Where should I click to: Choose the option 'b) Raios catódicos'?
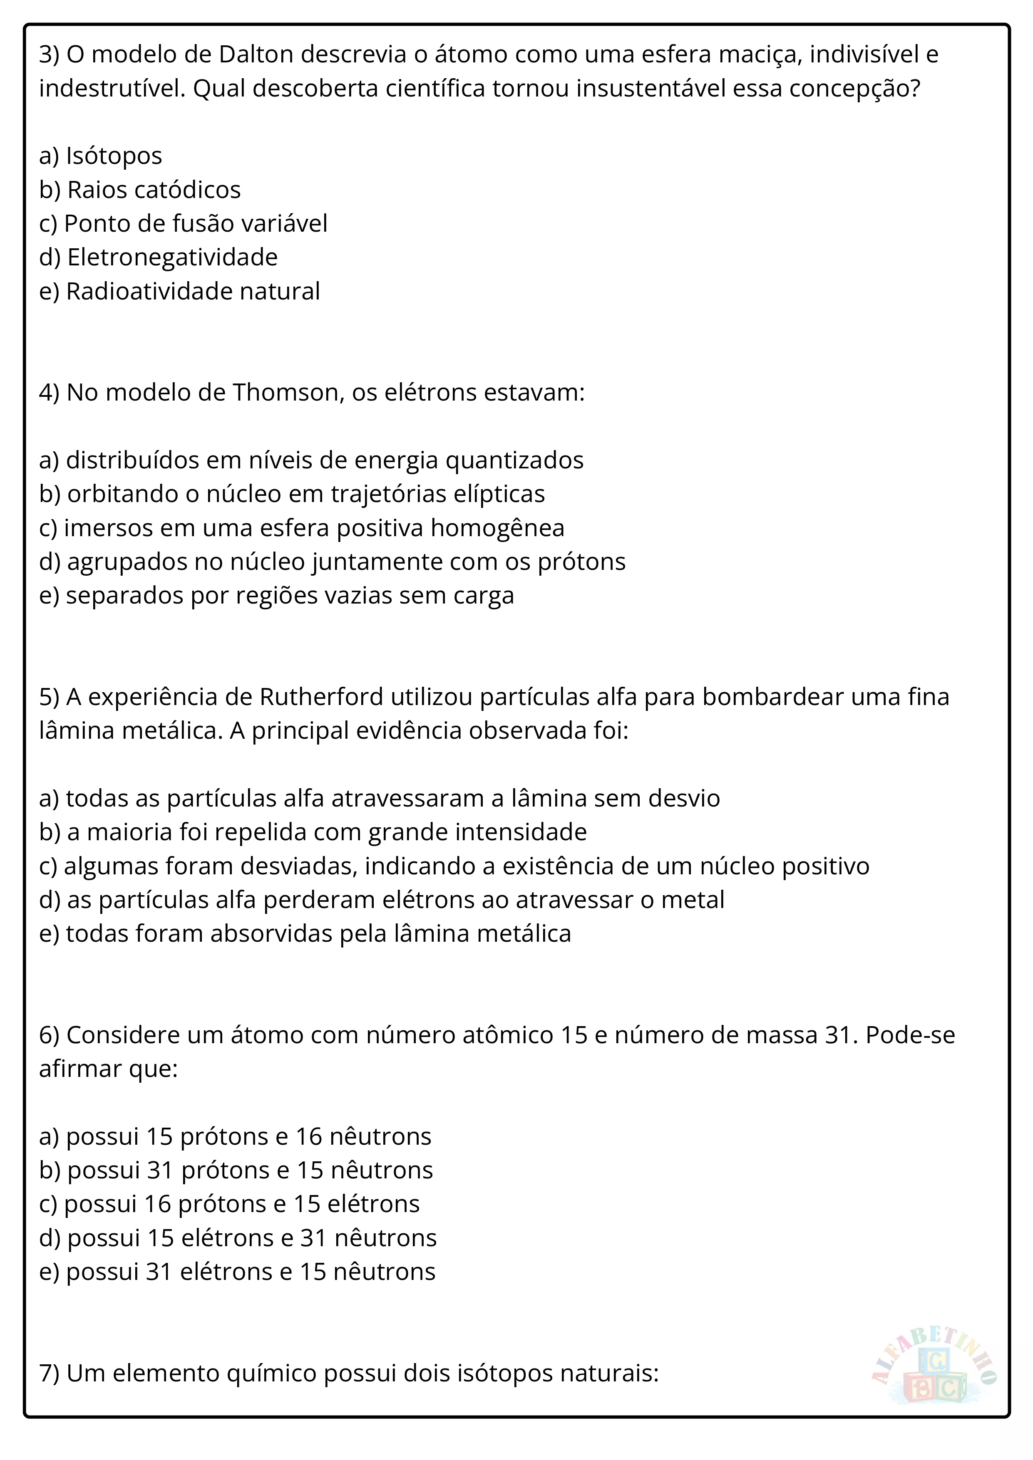point(140,190)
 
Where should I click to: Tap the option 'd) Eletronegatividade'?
point(159,257)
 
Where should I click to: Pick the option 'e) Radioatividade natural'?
point(179,291)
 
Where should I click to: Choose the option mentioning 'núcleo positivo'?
point(454,866)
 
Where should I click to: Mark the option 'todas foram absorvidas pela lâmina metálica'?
point(305,933)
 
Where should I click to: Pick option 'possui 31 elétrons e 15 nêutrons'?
point(237,1272)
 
